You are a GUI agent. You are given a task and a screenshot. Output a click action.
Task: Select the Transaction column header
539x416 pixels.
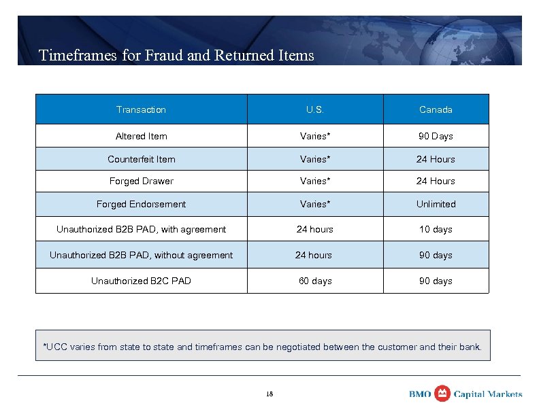click(x=141, y=109)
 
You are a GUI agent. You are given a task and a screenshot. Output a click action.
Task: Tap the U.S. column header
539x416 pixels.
click(x=315, y=109)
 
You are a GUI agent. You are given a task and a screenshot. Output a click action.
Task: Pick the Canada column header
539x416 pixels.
click(x=436, y=109)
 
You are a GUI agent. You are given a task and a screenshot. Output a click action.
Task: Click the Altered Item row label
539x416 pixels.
click(x=141, y=136)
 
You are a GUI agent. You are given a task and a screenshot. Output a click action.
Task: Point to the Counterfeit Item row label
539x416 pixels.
click(x=141, y=159)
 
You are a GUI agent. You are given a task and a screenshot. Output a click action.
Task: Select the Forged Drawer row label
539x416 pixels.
click(x=141, y=181)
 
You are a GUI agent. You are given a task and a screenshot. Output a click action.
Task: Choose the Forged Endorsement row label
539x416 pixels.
click(x=141, y=204)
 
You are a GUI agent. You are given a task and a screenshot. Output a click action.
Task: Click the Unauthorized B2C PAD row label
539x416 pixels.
click(x=141, y=281)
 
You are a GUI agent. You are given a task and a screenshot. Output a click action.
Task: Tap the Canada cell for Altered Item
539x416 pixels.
click(x=436, y=136)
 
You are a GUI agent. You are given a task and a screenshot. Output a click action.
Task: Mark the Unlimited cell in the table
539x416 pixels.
click(x=436, y=204)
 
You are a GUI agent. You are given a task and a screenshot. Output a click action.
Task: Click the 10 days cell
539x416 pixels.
click(x=436, y=229)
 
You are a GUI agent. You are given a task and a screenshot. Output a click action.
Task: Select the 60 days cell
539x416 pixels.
click(x=315, y=281)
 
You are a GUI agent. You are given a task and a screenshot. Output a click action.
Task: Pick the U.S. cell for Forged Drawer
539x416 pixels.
click(x=315, y=181)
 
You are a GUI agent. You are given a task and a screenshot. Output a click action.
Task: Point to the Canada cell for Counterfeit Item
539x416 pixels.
click(x=436, y=159)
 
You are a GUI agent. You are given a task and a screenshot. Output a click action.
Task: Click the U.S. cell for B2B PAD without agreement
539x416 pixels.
click(x=314, y=255)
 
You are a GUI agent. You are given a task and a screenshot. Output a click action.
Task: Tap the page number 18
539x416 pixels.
click(x=269, y=394)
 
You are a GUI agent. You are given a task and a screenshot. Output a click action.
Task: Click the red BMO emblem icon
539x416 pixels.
click(x=442, y=394)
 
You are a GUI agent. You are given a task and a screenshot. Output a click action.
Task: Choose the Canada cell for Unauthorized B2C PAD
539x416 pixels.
click(x=436, y=281)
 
